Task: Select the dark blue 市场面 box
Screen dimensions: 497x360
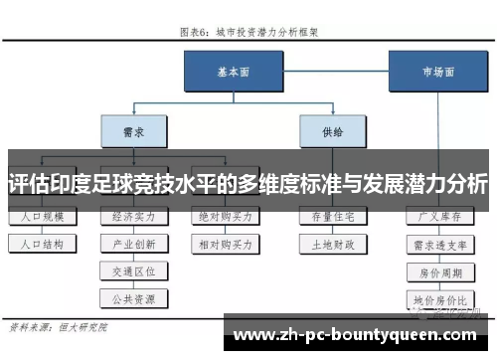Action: click(x=428, y=72)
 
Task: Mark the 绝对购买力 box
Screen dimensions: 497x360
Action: click(x=225, y=216)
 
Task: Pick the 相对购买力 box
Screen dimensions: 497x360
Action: click(x=225, y=243)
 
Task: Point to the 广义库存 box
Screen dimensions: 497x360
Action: click(x=437, y=216)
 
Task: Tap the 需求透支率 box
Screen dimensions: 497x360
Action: click(x=437, y=243)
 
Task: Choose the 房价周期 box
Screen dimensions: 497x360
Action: click(x=437, y=270)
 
